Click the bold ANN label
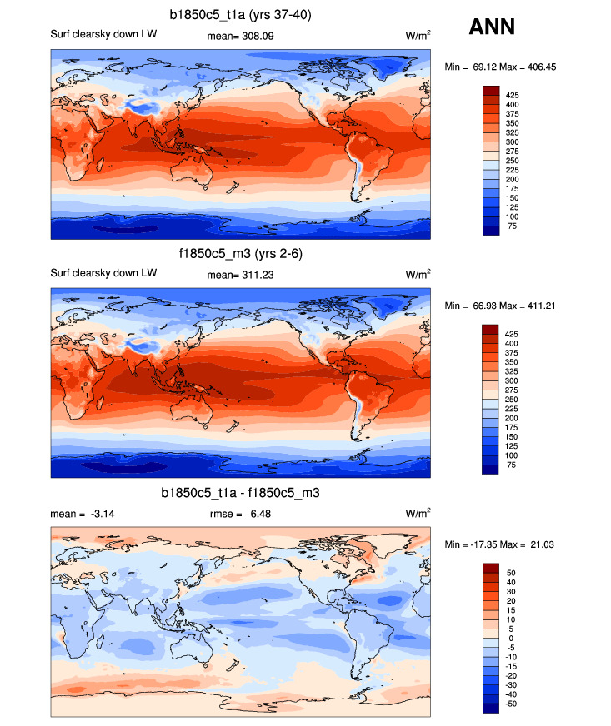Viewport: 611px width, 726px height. coord(492,27)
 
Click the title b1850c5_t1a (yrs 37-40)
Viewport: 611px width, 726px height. coord(240,15)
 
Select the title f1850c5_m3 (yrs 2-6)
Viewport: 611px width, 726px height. coord(240,255)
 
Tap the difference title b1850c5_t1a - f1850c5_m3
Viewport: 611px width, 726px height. coord(240,494)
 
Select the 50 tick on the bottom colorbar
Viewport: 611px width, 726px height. coord(511,574)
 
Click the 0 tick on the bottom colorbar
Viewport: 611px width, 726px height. coord(508,639)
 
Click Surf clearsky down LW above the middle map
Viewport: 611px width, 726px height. coord(103,274)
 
